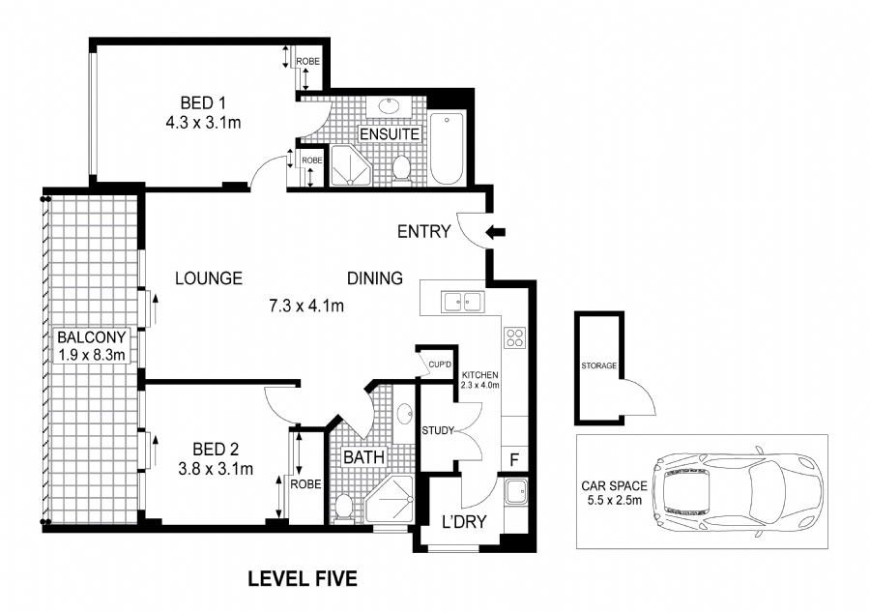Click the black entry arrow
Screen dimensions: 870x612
coord(496,232)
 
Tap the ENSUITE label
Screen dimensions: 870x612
coord(390,134)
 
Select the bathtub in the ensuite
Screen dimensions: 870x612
coord(447,149)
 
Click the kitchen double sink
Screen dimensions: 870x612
coord(463,302)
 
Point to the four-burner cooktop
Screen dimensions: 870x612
coord(515,337)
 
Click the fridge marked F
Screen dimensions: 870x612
coord(514,459)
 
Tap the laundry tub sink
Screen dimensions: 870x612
coord(515,492)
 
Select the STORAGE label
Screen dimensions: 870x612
coord(598,365)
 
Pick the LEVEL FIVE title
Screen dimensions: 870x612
coord(303,579)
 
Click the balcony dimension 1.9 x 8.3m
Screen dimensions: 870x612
coord(92,355)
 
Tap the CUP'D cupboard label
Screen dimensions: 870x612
coord(440,365)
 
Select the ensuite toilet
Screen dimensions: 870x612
coord(401,168)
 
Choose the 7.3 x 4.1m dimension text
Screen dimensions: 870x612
coord(306,306)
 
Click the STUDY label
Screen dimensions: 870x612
coord(438,430)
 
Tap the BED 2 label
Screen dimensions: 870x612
coord(216,449)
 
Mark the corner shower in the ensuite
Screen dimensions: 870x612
coord(351,164)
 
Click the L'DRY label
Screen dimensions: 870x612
coord(464,522)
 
